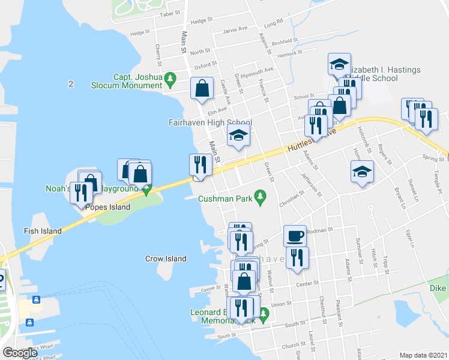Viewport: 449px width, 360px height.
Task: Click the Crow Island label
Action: tap(166, 259)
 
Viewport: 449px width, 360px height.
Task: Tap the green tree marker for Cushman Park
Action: tap(260, 196)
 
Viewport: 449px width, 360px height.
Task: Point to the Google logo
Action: tap(20, 353)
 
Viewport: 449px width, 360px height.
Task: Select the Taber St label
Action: tap(171, 13)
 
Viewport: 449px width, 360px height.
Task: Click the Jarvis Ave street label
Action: tap(235, 29)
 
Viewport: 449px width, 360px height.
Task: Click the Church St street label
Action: tap(294, 345)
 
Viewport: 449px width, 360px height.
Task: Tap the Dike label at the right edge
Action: tap(438, 288)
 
